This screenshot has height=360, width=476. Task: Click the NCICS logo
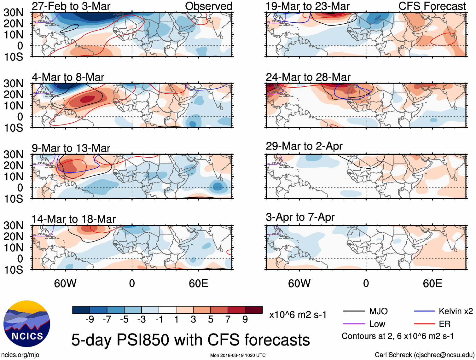[x=27, y=323]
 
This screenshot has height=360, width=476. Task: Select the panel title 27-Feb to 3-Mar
[x=71, y=6]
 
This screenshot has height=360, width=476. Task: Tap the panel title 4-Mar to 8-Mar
[x=68, y=77]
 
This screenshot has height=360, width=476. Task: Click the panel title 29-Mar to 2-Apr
[x=304, y=146]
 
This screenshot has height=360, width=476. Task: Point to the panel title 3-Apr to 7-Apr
[x=300, y=217]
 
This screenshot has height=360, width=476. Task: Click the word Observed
[x=208, y=6]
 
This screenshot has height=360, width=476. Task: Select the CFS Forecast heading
[x=432, y=6]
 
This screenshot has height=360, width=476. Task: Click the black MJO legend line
[x=354, y=311]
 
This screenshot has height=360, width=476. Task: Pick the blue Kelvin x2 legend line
[x=424, y=311]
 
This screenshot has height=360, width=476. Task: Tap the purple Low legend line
[x=354, y=324]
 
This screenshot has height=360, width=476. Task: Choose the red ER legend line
[x=424, y=324]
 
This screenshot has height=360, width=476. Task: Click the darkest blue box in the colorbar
[x=81, y=310]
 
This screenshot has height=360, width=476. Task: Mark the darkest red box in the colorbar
[x=254, y=310]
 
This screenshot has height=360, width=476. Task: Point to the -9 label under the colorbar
[x=90, y=320]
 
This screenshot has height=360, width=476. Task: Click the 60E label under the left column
[x=198, y=283]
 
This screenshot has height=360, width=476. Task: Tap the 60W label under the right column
[x=299, y=283]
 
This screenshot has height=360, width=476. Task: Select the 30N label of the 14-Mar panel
[x=13, y=226]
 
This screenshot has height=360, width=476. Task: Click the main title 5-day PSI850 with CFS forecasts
[x=190, y=340]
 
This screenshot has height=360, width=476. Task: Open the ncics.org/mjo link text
[x=20, y=355]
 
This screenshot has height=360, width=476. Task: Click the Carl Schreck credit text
[x=424, y=355]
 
